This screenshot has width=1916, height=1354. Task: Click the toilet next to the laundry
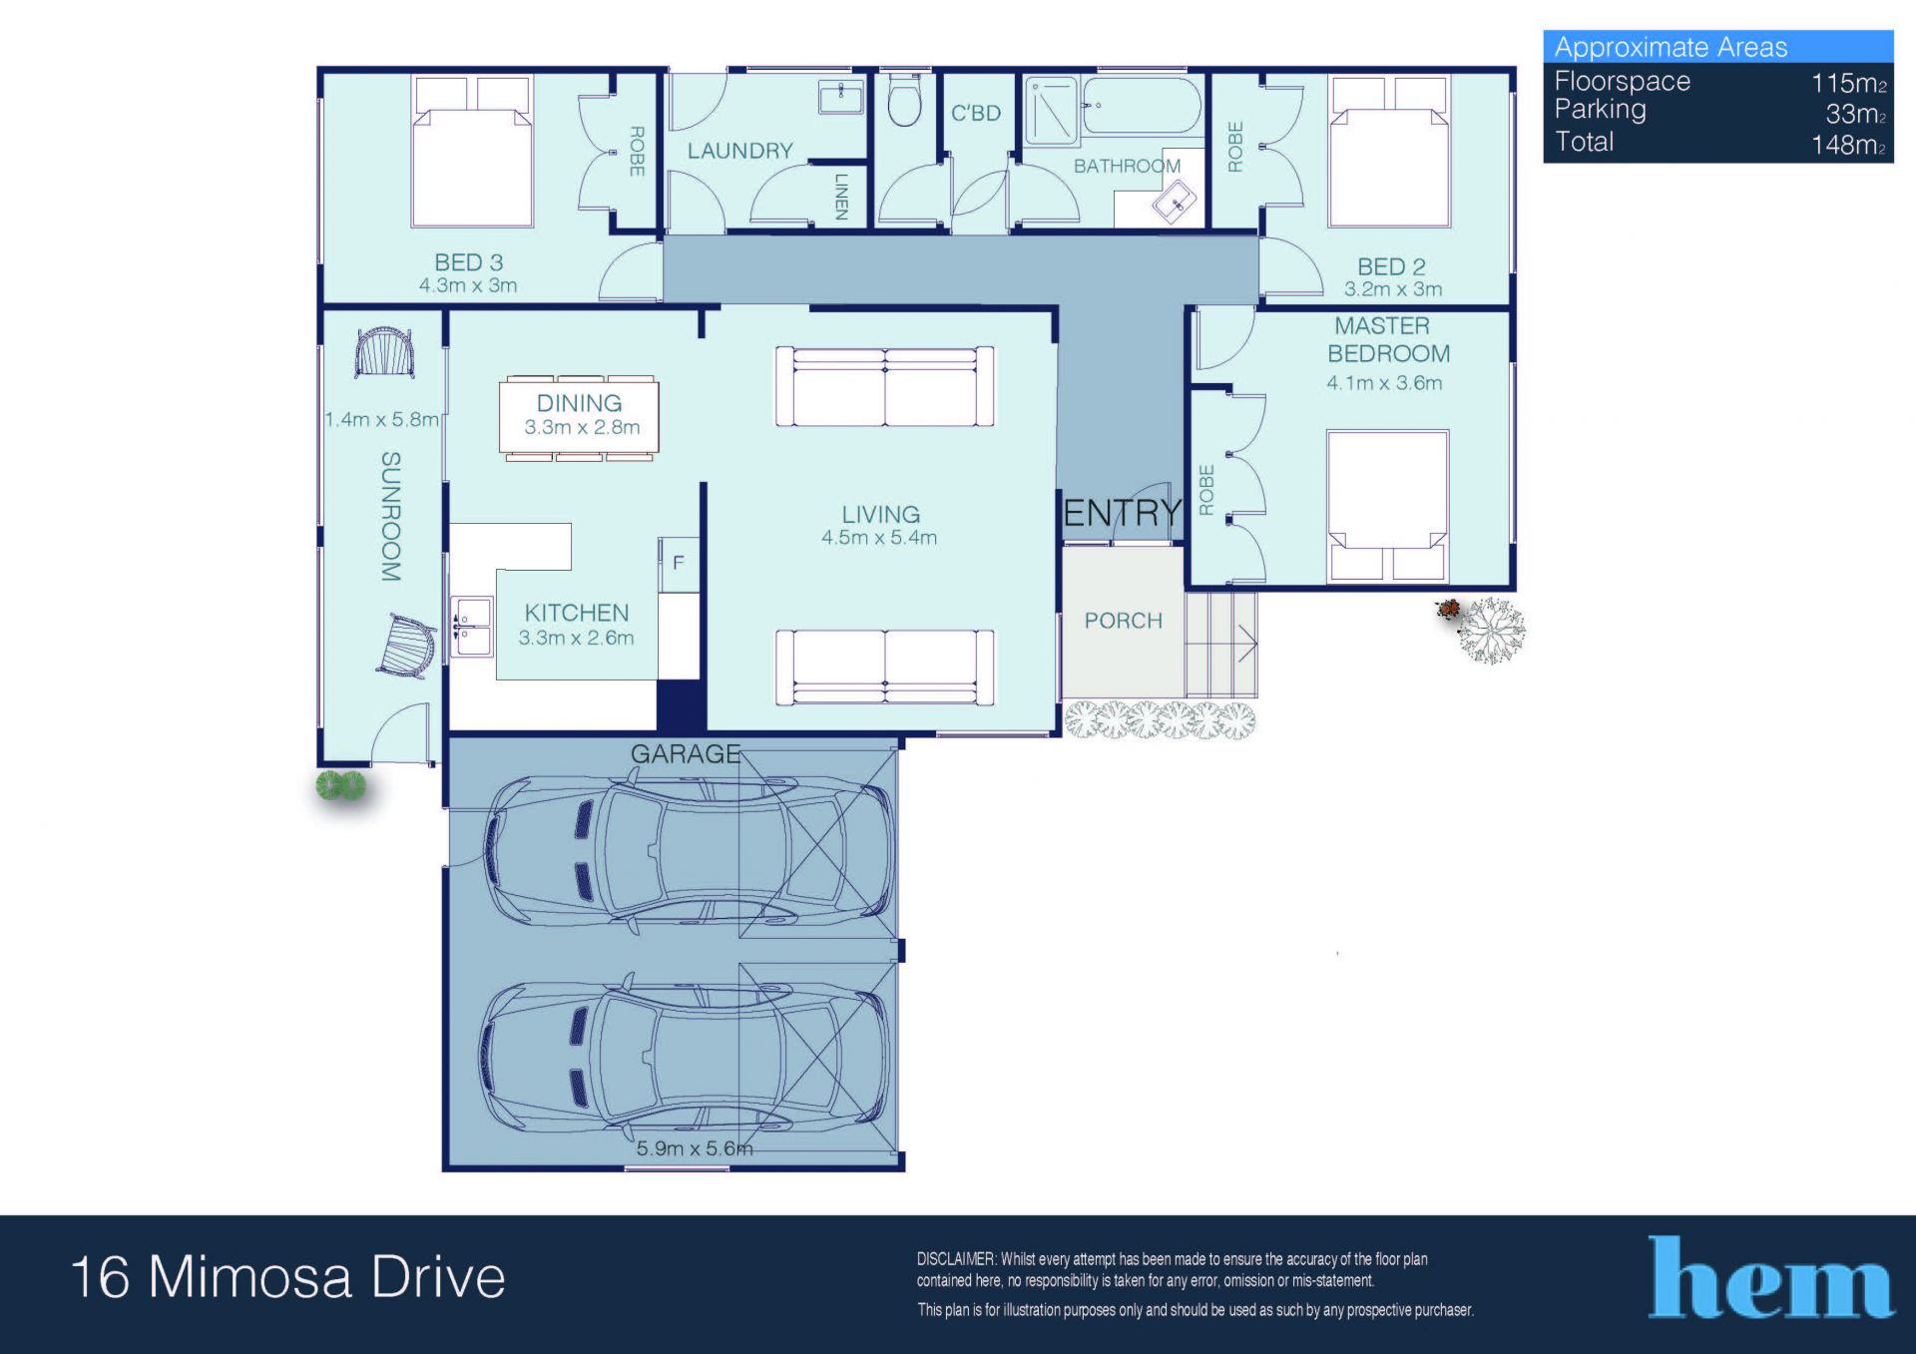(x=904, y=101)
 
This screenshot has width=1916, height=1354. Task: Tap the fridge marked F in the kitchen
(x=679, y=564)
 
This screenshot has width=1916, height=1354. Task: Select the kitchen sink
(x=472, y=627)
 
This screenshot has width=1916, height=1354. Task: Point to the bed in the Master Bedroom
(x=1387, y=506)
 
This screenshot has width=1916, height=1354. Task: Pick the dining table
(x=579, y=418)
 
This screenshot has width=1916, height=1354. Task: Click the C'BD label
(x=976, y=114)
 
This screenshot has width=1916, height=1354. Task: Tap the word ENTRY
(x=1123, y=513)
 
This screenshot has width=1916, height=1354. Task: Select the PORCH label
(x=1124, y=621)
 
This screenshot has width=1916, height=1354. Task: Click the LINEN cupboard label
(x=841, y=196)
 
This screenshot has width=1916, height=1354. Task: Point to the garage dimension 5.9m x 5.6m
(x=695, y=1148)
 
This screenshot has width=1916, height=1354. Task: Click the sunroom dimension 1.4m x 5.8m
(x=382, y=420)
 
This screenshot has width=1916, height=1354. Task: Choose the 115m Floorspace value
(x=1848, y=83)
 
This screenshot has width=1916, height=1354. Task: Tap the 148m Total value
(x=1848, y=145)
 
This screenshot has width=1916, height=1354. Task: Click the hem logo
(x=1769, y=1277)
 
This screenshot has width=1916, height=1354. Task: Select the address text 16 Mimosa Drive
(x=288, y=1277)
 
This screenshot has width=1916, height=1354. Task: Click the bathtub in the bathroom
(x=1142, y=106)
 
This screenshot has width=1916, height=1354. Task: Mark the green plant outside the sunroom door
(x=341, y=786)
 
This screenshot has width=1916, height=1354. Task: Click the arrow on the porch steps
(x=1247, y=644)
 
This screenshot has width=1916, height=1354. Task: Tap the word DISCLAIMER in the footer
(x=956, y=1259)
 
